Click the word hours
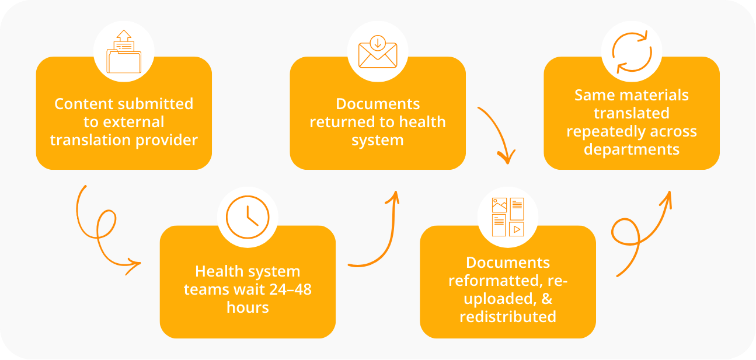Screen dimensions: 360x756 248,307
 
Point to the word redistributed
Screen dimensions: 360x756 507,317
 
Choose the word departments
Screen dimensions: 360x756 631,149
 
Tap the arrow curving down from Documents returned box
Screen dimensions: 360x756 499,134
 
